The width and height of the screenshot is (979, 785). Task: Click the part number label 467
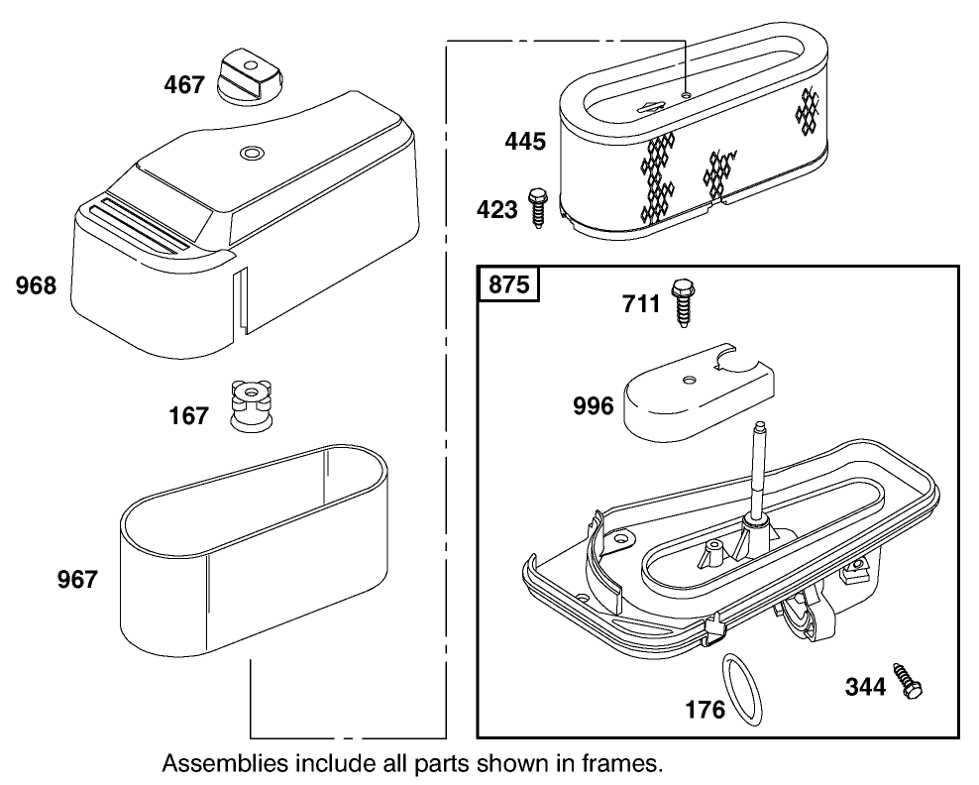(184, 85)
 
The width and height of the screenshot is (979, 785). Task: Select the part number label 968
(37, 287)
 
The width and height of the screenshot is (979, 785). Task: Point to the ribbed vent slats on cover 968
(140, 225)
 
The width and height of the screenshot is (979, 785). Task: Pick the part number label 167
(188, 415)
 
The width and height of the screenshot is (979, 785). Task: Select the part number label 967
(77, 579)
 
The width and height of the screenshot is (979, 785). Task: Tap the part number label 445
(525, 142)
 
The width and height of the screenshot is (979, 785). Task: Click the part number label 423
(497, 210)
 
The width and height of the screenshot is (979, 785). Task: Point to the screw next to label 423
(539, 206)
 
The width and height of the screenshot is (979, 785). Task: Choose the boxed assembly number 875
(509, 285)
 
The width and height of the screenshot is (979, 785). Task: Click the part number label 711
(642, 302)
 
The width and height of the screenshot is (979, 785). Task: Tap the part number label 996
(594, 404)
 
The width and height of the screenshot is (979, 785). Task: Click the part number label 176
(706, 710)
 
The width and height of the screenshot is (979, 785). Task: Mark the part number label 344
(865, 685)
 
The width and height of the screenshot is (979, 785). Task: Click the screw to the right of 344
(909, 680)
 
